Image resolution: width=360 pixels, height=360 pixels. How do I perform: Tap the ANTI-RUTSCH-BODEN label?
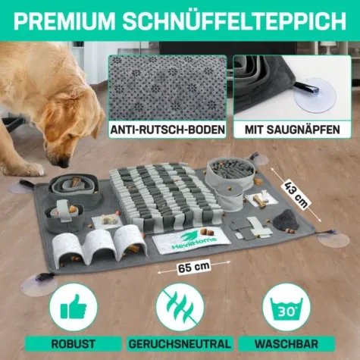coord(168,130)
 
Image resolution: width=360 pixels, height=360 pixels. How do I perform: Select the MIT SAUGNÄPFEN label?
coord(290,130)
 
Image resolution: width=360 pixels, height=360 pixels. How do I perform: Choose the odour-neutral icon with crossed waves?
coord(180,311)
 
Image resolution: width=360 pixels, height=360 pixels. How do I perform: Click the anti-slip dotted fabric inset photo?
coord(167,88)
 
